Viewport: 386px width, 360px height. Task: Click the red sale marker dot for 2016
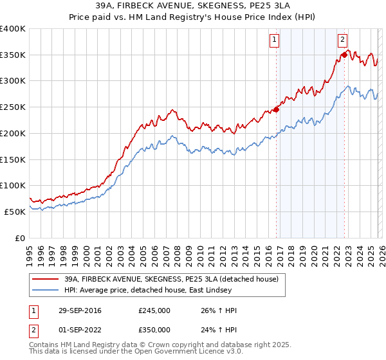click(x=277, y=109)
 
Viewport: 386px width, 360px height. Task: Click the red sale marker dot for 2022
click(x=344, y=55)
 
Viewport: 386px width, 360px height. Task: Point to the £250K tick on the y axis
click(x=13, y=107)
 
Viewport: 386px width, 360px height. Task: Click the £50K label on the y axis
click(x=15, y=212)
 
